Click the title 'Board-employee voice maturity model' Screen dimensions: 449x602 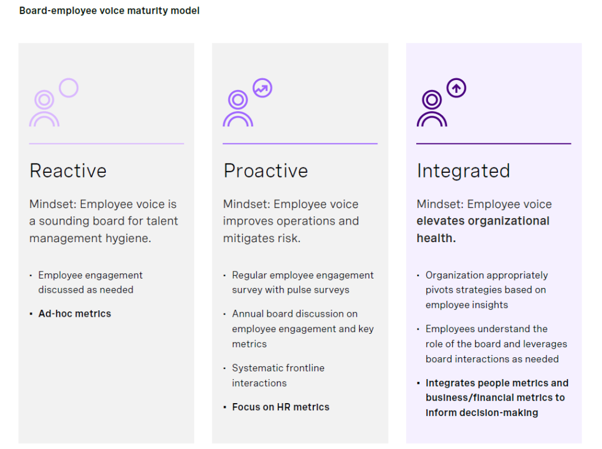(109, 11)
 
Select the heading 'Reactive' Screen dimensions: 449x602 (68, 171)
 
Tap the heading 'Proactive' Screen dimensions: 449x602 (266, 171)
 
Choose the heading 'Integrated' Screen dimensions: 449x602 (463, 171)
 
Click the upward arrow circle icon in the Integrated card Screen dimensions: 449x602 (456, 88)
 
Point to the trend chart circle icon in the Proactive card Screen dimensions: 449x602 (262, 88)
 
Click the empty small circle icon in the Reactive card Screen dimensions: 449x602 (69, 88)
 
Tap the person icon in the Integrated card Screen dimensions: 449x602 (432, 109)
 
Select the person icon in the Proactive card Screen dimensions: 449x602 (238, 109)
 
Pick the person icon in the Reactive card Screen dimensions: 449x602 (44, 109)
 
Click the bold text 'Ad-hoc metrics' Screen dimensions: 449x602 (75, 314)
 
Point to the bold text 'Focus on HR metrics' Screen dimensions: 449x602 (280, 407)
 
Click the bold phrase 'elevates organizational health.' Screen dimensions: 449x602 (483, 229)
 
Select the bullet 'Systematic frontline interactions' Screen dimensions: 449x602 (278, 376)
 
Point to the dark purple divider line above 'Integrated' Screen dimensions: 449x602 (493, 143)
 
